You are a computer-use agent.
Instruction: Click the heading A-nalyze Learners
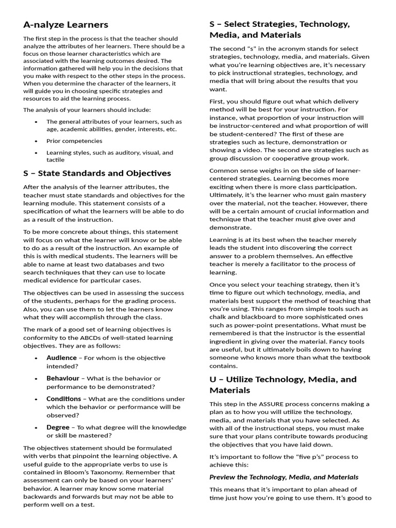(65, 24)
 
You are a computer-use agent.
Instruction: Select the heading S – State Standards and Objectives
(97, 173)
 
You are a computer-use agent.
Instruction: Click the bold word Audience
(62, 358)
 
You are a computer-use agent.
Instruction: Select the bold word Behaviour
(63, 378)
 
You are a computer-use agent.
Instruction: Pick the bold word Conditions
(63, 399)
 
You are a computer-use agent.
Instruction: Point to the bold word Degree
(58, 427)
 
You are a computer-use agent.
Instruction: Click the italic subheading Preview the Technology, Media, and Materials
(284, 477)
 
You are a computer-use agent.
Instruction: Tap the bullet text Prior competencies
(74, 141)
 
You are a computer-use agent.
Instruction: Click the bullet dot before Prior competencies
(36, 141)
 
